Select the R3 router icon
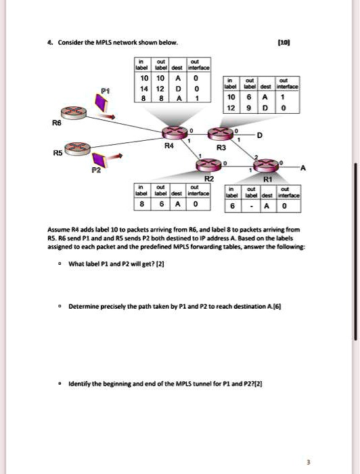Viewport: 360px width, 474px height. pyautogui.click(x=220, y=135)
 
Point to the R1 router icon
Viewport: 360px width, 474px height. pyautogui.click(x=266, y=165)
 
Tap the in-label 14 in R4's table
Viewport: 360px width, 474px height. pyautogui.click(x=143, y=88)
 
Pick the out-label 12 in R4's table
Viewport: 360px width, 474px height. pyautogui.click(x=160, y=88)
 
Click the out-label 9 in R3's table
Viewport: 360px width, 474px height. pyautogui.click(x=249, y=107)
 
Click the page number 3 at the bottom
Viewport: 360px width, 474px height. pyautogui.click(x=308, y=462)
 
